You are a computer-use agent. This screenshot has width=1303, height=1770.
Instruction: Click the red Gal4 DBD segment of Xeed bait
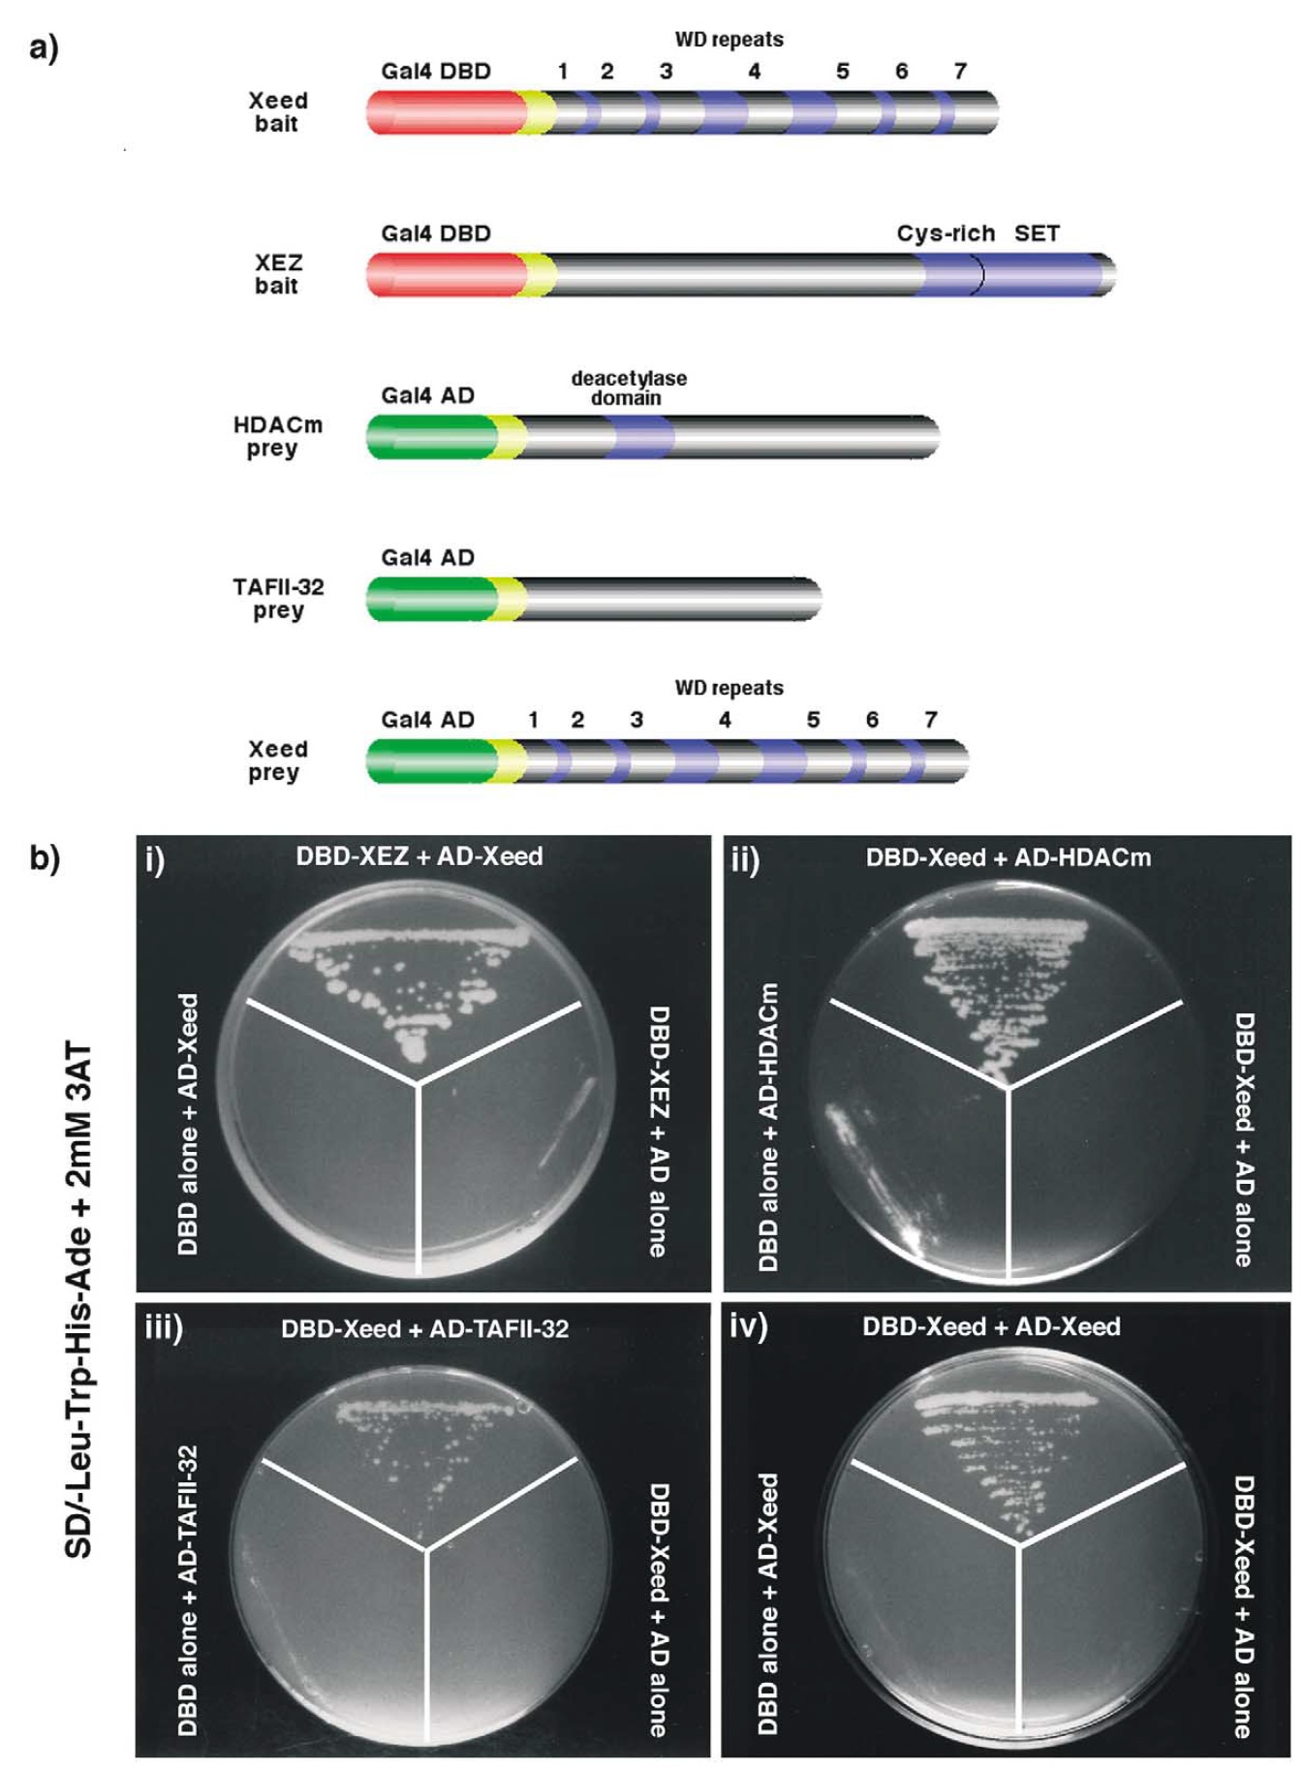pyautogui.click(x=441, y=113)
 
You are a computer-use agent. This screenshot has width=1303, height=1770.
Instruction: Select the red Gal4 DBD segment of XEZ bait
pyautogui.click(x=441, y=275)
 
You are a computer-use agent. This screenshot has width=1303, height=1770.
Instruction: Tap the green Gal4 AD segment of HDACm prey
pyautogui.click(x=426, y=437)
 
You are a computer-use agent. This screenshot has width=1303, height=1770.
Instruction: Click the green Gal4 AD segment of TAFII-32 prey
pyautogui.click(x=426, y=599)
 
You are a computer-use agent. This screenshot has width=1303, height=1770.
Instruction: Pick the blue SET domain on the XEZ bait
pyautogui.click(x=1041, y=275)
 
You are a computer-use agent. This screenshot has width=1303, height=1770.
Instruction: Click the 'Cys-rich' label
pyautogui.click(x=945, y=233)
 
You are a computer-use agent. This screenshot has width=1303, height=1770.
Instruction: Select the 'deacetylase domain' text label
pyautogui.click(x=629, y=388)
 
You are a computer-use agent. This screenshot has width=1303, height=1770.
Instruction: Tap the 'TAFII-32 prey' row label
pyautogui.click(x=277, y=599)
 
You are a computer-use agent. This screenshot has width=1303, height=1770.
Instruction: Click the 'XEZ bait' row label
pyautogui.click(x=278, y=274)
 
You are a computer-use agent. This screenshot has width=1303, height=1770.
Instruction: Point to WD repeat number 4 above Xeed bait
pyautogui.click(x=754, y=71)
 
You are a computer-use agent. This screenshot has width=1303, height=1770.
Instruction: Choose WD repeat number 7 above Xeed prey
pyautogui.click(x=930, y=720)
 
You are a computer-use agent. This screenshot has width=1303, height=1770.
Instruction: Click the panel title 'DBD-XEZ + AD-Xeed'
pyautogui.click(x=419, y=856)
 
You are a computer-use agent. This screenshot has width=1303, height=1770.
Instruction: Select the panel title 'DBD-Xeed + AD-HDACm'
pyautogui.click(x=1008, y=857)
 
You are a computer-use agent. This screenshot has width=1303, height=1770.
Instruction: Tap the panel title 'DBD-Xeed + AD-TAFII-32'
pyautogui.click(x=424, y=1328)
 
